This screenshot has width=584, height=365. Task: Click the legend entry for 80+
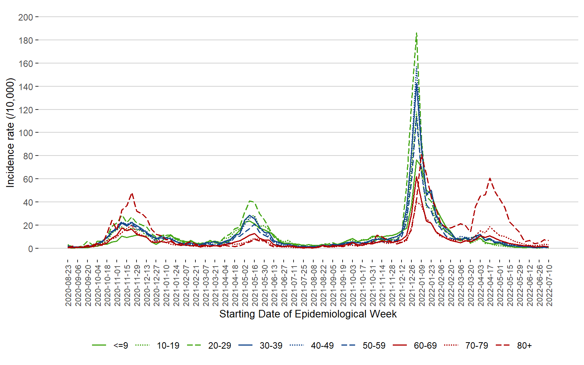point(524,346)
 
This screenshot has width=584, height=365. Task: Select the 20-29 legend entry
point(219,346)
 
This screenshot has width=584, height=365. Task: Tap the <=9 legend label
point(121,346)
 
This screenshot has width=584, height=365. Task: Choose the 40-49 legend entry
point(322,346)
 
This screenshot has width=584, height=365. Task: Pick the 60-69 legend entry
point(425,346)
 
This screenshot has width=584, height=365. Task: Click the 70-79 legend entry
point(476,346)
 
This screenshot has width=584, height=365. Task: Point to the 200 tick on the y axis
point(25,17)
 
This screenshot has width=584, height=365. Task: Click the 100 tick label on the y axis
point(25,133)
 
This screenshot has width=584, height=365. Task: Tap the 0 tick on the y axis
point(30,249)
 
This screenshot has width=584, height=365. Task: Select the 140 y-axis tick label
point(25,87)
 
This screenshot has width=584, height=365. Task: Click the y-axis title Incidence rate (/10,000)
point(10,133)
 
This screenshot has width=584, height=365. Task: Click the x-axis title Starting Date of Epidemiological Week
point(308,314)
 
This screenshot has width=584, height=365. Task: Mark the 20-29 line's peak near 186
point(417,33)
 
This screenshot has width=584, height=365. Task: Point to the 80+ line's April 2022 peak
point(490,178)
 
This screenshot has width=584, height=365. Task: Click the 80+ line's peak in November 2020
point(132,194)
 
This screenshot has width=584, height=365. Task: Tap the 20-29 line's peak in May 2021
point(250,201)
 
